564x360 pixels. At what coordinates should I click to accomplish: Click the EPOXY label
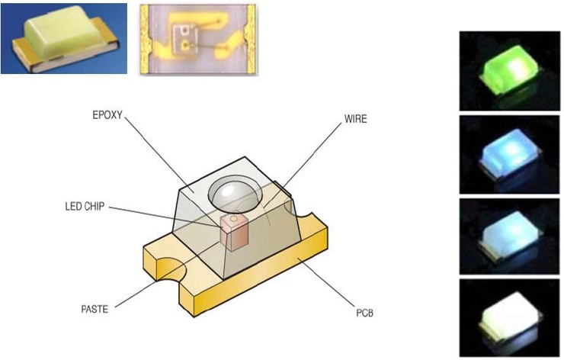pos(107,115)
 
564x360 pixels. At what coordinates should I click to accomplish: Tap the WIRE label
pos(355,119)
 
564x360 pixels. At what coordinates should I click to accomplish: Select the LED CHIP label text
pos(85,206)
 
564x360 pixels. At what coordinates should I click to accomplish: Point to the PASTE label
pos(95,309)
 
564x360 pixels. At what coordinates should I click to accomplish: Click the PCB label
pos(365,313)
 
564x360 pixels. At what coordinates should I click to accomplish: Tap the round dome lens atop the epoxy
pos(235,194)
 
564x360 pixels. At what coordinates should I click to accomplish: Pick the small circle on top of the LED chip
pos(233,219)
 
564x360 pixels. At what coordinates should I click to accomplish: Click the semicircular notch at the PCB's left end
pos(171,268)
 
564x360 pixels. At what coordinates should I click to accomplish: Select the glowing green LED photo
pos(509,71)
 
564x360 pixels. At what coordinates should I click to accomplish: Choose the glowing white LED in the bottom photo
pos(509,317)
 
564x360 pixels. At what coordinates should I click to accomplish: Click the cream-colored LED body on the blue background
pos(63,32)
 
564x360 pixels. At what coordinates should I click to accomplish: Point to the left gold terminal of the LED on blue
pos(24,53)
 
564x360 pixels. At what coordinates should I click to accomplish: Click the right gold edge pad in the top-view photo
pos(250,39)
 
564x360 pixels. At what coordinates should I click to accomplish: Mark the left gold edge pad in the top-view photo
pos(145,39)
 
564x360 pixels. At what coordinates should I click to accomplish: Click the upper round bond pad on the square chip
pos(185,31)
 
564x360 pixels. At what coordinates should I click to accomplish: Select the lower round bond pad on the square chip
pos(186,45)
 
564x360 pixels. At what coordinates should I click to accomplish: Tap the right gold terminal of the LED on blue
pos(105,33)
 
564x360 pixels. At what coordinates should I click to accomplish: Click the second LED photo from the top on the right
pos(509,155)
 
